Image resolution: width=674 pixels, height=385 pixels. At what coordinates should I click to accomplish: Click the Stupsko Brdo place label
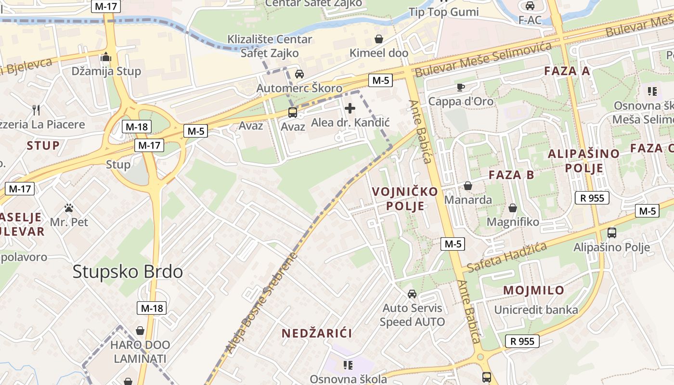pyautogui.click(x=128, y=272)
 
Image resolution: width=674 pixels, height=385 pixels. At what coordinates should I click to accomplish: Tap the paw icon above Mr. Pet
pyautogui.click(x=69, y=208)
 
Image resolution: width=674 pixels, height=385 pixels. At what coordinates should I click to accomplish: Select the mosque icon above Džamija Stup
pyautogui.click(x=106, y=58)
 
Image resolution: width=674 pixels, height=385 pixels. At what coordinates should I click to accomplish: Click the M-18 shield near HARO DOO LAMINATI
pyautogui.click(x=152, y=308)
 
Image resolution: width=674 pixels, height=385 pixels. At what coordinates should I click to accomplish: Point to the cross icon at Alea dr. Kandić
pyautogui.click(x=350, y=108)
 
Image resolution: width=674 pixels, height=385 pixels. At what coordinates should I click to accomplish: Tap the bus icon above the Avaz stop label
pyautogui.click(x=292, y=113)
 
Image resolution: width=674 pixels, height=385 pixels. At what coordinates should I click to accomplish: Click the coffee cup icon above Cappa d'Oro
pyautogui.click(x=460, y=87)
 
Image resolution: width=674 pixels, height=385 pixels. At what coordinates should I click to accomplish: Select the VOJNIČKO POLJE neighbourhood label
pyautogui.click(x=405, y=199)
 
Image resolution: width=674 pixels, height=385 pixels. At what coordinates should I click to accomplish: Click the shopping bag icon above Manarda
pyautogui.click(x=467, y=186)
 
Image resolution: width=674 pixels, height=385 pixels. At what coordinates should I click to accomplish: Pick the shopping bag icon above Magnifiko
pyautogui.click(x=513, y=208)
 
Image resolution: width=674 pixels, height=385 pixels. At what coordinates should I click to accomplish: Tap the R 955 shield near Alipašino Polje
pyautogui.click(x=592, y=198)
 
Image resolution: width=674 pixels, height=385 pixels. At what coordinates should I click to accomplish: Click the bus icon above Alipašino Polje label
pyautogui.click(x=611, y=233)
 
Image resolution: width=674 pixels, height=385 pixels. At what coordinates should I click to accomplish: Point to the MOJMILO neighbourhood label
pyautogui.click(x=533, y=290)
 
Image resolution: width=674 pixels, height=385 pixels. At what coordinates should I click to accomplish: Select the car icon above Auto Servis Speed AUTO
pyautogui.click(x=412, y=294)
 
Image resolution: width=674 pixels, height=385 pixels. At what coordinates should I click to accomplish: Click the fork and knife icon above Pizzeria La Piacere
pyautogui.click(x=36, y=110)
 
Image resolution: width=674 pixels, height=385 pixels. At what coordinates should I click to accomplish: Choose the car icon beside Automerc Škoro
pyautogui.click(x=299, y=74)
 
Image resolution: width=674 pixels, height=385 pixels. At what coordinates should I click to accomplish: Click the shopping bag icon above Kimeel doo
pyautogui.click(x=379, y=39)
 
